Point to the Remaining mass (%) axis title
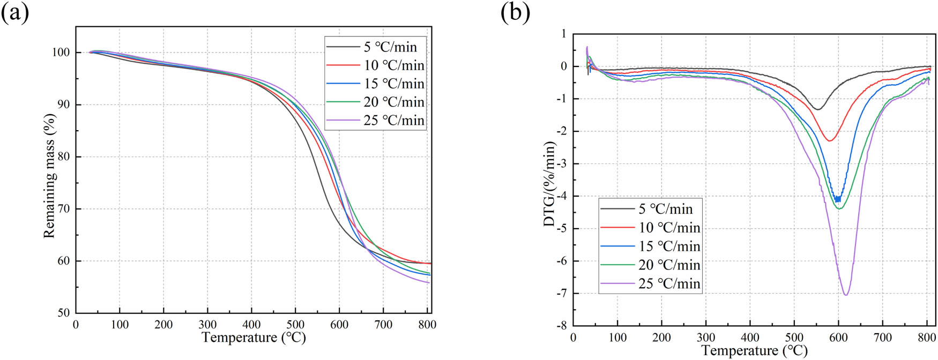pos(49,176)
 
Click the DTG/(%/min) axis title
pos(549,184)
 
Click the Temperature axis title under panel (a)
pos(254,337)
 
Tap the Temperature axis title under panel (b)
pos(754,350)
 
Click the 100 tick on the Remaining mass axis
pos(61,52)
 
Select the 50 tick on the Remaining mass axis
pos(63,313)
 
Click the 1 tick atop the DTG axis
pos(563,34)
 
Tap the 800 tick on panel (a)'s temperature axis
pos(427,325)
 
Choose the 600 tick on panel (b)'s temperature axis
pos(838,337)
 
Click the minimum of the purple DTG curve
pos(846,295)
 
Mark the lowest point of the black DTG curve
pos(817,109)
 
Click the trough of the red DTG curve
pos(829,141)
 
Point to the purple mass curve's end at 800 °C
pos(429,283)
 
